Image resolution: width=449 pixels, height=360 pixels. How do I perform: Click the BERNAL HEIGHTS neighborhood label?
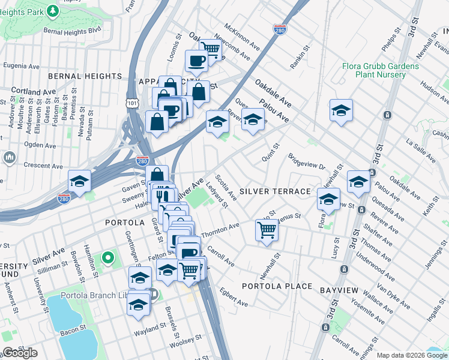coord(85,76)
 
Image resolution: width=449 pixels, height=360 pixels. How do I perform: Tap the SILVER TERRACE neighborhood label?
coord(275,191)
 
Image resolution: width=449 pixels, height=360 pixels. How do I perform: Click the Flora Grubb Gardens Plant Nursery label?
coord(380,70)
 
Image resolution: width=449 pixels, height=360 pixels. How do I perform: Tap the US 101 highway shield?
coord(131,104)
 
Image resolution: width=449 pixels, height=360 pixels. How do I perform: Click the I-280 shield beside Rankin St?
coord(279,29)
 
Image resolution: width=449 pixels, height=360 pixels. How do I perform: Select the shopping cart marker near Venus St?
coord(267,229)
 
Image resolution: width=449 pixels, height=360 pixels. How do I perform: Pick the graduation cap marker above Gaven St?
coord(79,181)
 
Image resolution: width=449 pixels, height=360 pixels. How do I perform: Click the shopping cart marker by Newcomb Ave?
coord(209,49)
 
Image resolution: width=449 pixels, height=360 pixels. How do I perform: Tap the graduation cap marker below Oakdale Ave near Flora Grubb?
coord(341,110)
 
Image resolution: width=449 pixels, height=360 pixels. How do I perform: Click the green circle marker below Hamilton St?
coord(107,259)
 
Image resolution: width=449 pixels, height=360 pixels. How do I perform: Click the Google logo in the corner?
coord(20,352)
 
